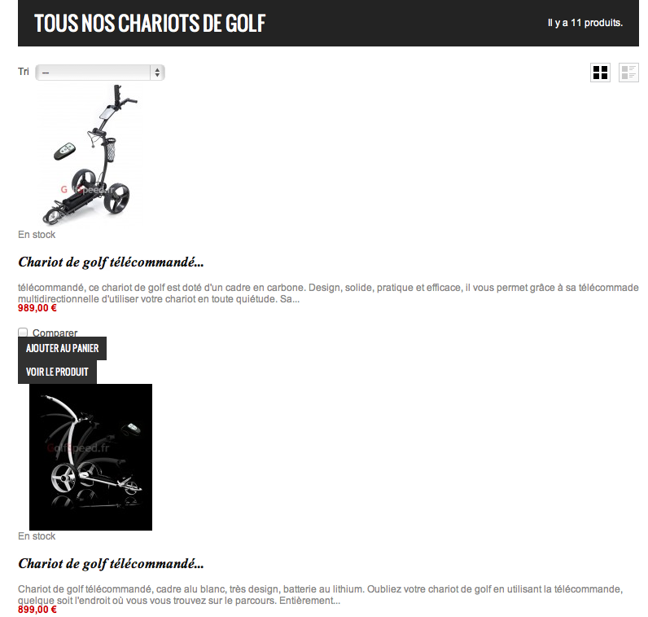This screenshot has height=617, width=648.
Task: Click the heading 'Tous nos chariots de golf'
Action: pyautogui.click(x=150, y=24)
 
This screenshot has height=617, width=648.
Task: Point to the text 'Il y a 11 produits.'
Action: pyautogui.click(x=585, y=23)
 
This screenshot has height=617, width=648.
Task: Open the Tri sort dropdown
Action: pyautogui.click(x=100, y=73)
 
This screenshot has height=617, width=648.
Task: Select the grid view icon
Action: pyautogui.click(x=600, y=73)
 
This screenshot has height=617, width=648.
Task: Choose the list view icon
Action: pyautogui.click(x=628, y=73)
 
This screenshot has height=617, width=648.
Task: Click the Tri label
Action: pyautogui.click(x=24, y=72)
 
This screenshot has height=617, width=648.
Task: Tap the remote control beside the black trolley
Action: pyautogui.click(x=64, y=152)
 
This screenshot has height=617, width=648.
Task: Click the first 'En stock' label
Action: pyautogui.click(x=37, y=235)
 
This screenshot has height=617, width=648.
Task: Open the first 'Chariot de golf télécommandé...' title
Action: pyautogui.click(x=111, y=262)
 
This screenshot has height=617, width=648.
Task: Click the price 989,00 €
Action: pyautogui.click(x=37, y=308)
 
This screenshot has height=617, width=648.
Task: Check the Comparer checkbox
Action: pyautogui.click(x=23, y=333)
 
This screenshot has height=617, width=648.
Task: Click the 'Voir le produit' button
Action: pyautogui.click(x=57, y=372)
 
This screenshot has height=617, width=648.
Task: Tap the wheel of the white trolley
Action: pyautogui.click(x=64, y=475)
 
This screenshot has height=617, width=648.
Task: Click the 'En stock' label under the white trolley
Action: pyautogui.click(x=37, y=536)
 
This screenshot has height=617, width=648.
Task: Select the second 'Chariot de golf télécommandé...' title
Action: pyautogui.click(x=111, y=563)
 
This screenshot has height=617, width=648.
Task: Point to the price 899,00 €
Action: pyautogui.click(x=37, y=610)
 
